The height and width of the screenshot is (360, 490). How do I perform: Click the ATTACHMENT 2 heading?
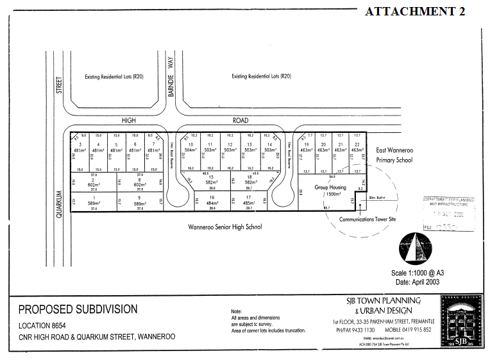414,12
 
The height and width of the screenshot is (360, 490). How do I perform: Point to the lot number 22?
357,144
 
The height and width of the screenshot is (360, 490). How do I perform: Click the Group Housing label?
330,187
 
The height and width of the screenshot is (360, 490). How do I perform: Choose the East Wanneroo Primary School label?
394,155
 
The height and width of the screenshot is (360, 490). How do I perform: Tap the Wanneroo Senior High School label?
225,227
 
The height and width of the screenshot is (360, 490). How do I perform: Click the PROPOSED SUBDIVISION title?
78,309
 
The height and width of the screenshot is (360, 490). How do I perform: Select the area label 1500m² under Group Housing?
332,194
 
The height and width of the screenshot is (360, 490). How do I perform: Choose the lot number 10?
190,145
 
